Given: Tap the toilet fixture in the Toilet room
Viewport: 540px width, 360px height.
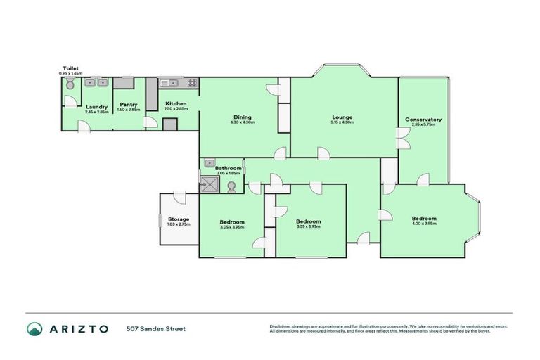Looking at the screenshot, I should [x=70, y=84].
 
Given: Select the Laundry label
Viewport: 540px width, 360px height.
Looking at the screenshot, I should [x=96, y=107].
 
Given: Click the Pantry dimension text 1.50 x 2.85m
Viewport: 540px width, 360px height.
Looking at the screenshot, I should [x=128, y=110].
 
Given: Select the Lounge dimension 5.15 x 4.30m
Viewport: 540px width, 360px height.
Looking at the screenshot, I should [x=342, y=122].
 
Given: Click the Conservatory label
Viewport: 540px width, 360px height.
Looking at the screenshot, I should [x=423, y=120].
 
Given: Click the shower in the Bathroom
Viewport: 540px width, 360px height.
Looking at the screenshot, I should [x=210, y=184].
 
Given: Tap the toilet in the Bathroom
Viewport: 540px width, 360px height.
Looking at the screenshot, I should [x=231, y=186].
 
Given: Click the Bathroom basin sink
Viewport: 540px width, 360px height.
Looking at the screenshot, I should [x=209, y=164].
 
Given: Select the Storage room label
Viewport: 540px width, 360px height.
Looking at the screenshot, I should [x=179, y=219].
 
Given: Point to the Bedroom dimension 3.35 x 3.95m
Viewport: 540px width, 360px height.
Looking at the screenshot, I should [x=308, y=226].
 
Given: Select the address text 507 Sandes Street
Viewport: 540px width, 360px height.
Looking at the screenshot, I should [x=156, y=328].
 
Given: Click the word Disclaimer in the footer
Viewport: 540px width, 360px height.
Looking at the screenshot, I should [x=281, y=326].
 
